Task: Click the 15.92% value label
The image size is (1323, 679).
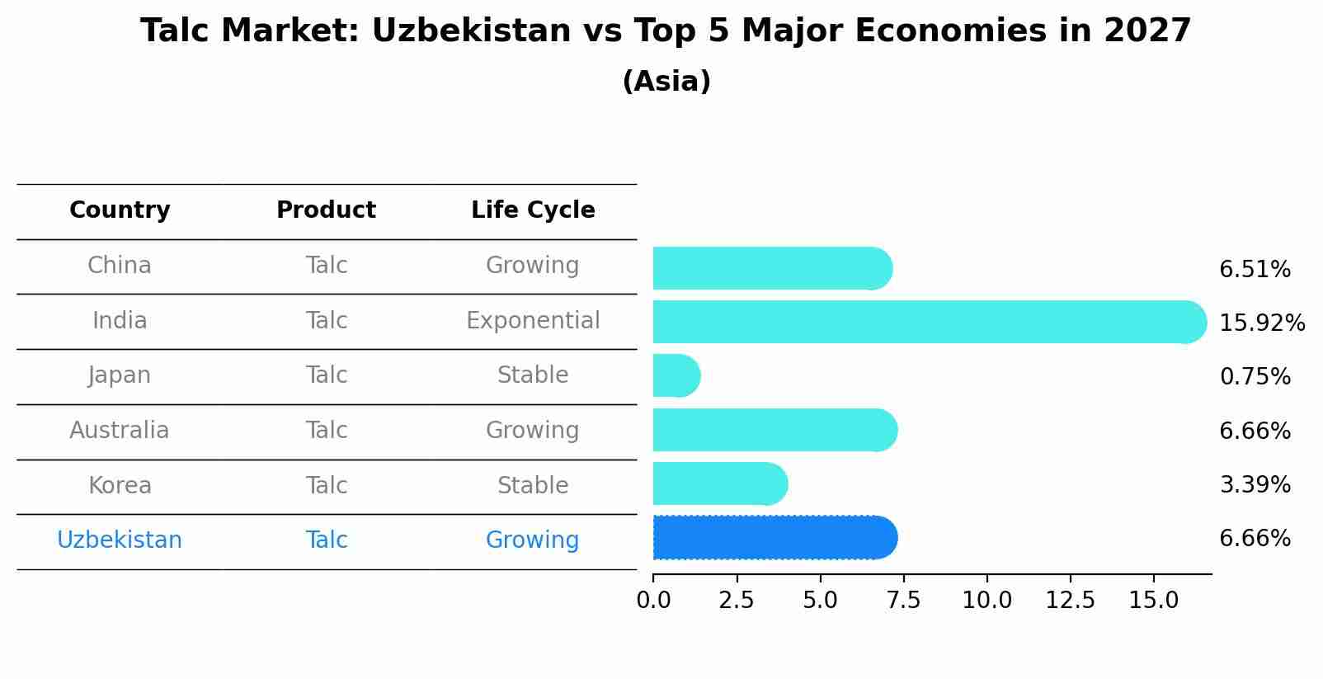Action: (1261, 323)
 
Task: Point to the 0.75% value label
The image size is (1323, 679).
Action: (1255, 377)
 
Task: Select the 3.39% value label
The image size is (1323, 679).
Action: (1255, 485)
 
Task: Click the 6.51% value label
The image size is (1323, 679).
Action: (1255, 270)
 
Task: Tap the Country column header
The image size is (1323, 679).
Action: (120, 210)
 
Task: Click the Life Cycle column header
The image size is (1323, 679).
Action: (533, 210)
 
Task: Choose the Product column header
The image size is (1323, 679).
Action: (326, 210)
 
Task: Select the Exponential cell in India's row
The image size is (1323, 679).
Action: (533, 321)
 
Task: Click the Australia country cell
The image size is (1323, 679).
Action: (120, 431)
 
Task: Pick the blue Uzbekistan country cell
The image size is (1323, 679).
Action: (120, 540)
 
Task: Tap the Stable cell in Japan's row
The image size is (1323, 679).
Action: (533, 375)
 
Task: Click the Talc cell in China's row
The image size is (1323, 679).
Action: (326, 266)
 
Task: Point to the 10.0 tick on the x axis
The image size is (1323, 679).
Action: (986, 601)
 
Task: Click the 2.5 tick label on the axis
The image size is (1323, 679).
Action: (737, 601)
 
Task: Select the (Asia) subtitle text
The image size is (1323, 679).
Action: (666, 82)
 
